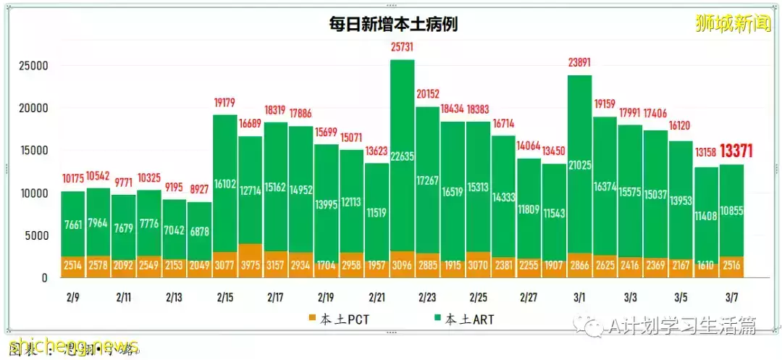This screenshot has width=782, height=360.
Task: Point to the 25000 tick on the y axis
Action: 33,66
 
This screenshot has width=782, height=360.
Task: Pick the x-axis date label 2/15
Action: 224,297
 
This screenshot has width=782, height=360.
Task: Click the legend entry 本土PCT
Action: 336,319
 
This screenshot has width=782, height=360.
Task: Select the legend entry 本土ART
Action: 466,319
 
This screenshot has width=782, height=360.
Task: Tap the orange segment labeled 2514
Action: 72,266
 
